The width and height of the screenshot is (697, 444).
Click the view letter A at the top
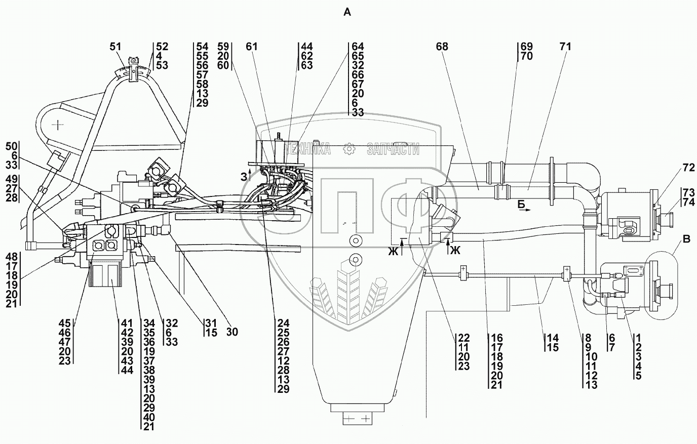pyautogui.click(x=347, y=13)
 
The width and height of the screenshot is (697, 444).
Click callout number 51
pyautogui.click(x=116, y=47)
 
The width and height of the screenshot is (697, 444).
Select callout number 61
pyautogui.click(x=252, y=47)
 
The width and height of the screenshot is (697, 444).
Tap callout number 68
pyautogui.click(x=442, y=47)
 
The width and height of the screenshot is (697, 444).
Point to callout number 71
pyautogui.click(x=565, y=47)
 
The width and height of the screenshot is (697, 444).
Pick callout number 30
pyautogui.click(x=233, y=332)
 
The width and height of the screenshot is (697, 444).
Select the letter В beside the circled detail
pyautogui.click(x=686, y=240)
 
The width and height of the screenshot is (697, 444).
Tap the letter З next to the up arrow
pyautogui.click(x=244, y=177)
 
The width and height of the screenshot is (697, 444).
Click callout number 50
pyautogui.click(x=11, y=147)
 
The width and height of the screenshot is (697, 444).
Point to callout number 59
pyautogui.click(x=224, y=47)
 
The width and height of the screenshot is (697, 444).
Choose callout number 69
pyautogui.click(x=526, y=47)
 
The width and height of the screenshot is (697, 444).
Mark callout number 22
pyautogui.click(x=463, y=338)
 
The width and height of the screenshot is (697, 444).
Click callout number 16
pyautogui.click(x=496, y=338)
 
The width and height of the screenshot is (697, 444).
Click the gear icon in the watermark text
pyautogui.click(x=348, y=149)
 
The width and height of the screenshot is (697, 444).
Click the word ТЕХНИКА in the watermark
pyautogui.click(x=308, y=149)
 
